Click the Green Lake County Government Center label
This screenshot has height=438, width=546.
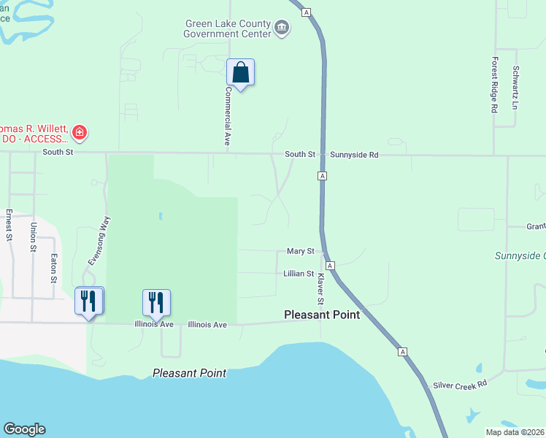coord(227,28)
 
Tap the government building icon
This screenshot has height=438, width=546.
coord(282,29)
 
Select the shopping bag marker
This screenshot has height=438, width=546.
coord(240,73)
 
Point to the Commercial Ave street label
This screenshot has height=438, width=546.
coord(228,116)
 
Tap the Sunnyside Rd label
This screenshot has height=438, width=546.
coord(355,155)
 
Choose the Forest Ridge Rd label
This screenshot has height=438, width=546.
coord(494,85)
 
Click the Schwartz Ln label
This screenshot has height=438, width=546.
coord(515,88)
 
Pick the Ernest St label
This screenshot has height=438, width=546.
coord(9,225)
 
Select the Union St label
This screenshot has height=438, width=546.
coord(33,237)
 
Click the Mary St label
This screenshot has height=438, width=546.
coord(300,251)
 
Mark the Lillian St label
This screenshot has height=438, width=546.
coord(299,274)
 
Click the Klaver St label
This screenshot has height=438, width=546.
coord(319,291)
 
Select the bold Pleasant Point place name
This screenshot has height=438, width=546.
coord(321,315)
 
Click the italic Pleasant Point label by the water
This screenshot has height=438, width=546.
coord(189,373)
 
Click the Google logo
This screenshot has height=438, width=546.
coord(24,429)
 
